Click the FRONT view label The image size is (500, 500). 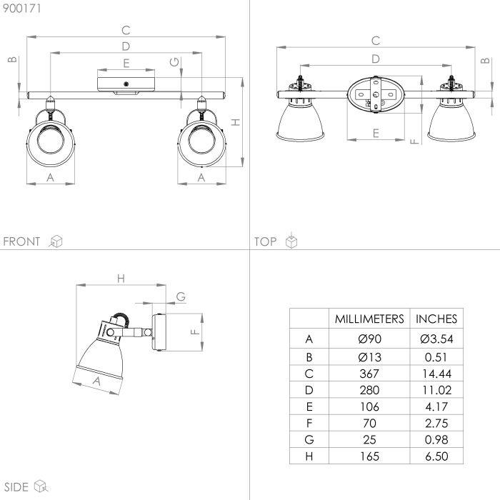(21, 241)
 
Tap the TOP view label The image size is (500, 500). (265, 241)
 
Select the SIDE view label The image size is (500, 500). (15, 487)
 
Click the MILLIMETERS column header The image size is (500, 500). (369, 319)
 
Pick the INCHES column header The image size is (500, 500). (436, 319)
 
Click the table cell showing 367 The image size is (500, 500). (369, 374)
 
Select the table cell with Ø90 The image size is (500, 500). (369, 339)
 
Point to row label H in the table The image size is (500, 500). (309, 456)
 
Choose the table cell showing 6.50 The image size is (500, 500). (436, 456)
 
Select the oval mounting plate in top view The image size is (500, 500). (374, 94)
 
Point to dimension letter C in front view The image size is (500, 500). (126, 30)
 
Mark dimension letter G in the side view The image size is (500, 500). (181, 296)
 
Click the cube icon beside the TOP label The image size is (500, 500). (291, 241)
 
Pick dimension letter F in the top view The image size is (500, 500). (414, 139)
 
